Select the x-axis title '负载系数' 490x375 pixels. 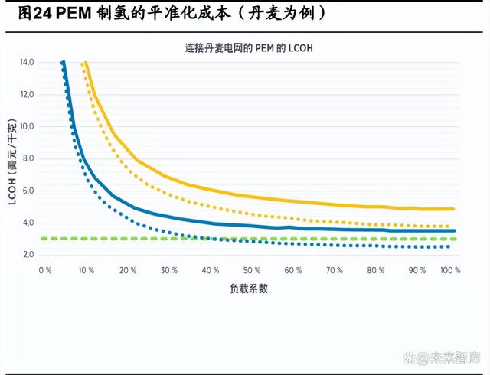tap(249, 289)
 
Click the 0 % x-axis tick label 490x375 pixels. tap(45, 270)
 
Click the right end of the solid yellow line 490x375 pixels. tap(456, 209)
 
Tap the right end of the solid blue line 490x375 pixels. tap(456, 230)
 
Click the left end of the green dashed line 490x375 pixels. tap(41, 239)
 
